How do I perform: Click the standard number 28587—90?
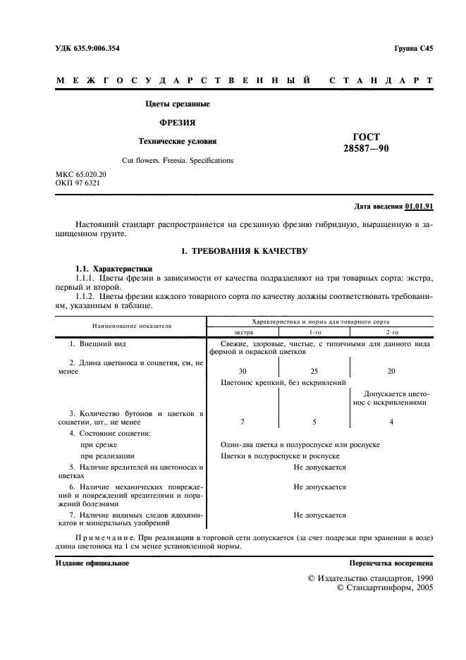tap(365, 148)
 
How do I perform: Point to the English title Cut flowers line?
tap(177, 161)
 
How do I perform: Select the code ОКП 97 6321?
tap(77, 183)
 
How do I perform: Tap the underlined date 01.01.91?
tap(419, 207)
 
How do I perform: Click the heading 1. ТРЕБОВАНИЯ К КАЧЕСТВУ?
tap(245, 251)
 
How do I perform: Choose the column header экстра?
tap(243, 332)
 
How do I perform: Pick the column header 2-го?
tap(391, 332)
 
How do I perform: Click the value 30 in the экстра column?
tap(243, 371)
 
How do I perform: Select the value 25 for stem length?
tap(314, 371)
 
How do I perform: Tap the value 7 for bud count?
tap(243, 421)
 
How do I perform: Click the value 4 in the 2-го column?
tap(391, 421)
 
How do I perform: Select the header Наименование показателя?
tap(130, 326)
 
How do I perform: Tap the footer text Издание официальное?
tap(92, 563)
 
